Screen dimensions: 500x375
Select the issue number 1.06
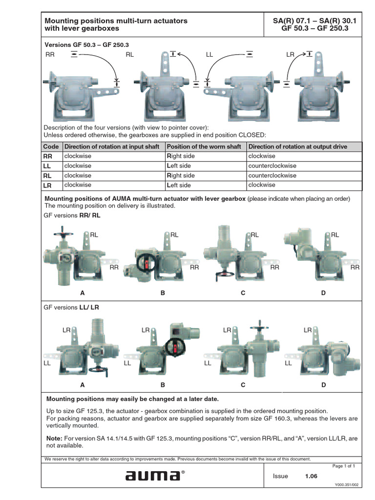tap(312, 476)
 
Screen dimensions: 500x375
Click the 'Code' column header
tap(51, 146)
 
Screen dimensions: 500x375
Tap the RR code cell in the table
tap(48, 156)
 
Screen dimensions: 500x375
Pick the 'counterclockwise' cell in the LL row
tap(272, 166)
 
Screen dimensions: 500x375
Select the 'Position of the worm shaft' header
tap(204, 146)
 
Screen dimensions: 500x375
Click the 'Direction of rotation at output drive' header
tap(298, 146)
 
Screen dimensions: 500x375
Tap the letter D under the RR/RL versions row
tap(323, 293)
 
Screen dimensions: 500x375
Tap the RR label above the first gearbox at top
tap(50, 55)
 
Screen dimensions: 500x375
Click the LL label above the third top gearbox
tap(210, 55)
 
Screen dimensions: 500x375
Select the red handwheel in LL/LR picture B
tap(175, 346)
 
